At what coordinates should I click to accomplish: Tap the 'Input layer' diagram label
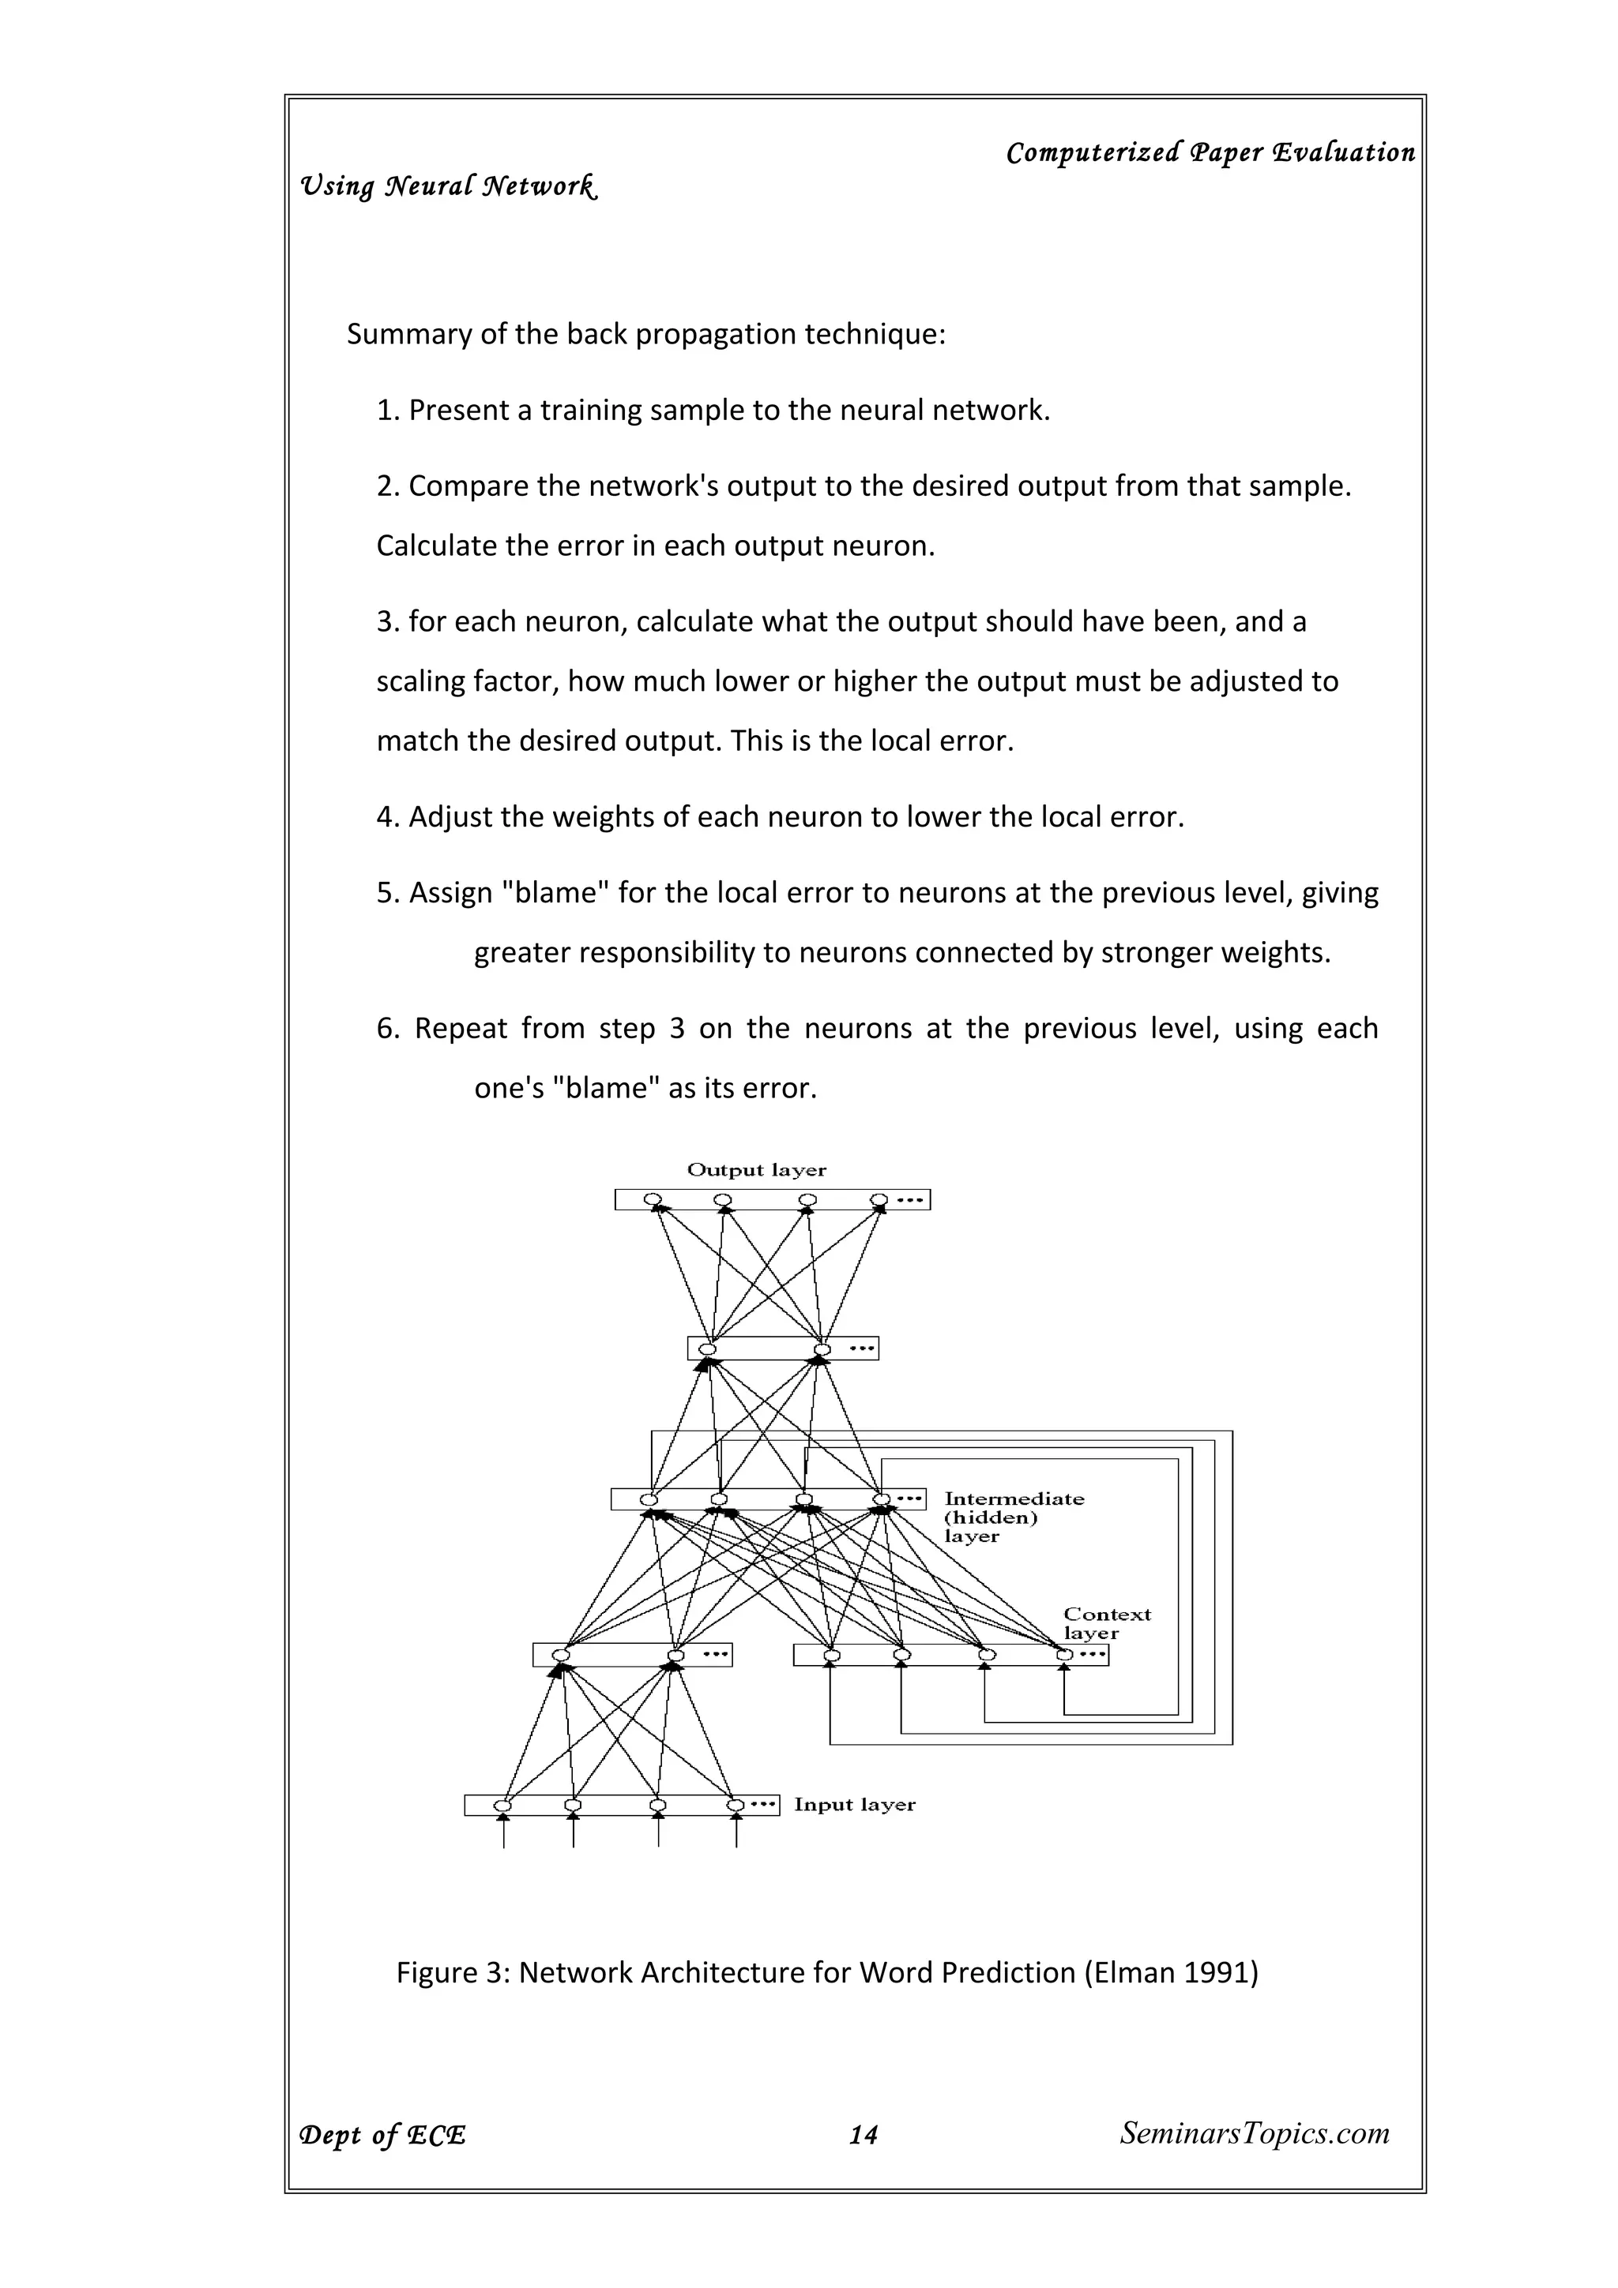click(x=854, y=1805)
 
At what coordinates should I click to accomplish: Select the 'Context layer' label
click(x=1107, y=1623)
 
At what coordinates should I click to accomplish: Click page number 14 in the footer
click(x=863, y=2135)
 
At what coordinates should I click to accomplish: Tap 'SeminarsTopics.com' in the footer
click(x=1254, y=2133)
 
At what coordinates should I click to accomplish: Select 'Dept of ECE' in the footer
click(x=383, y=2136)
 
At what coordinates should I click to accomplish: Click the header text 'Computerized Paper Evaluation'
click(x=1210, y=152)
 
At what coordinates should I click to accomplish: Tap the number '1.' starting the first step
click(x=387, y=411)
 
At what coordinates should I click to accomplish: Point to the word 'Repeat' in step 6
click(x=460, y=1029)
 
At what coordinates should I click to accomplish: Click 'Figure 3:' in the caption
click(x=453, y=1973)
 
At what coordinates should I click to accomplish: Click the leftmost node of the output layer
click(x=652, y=1198)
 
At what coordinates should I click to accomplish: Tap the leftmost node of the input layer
click(x=503, y=1806)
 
